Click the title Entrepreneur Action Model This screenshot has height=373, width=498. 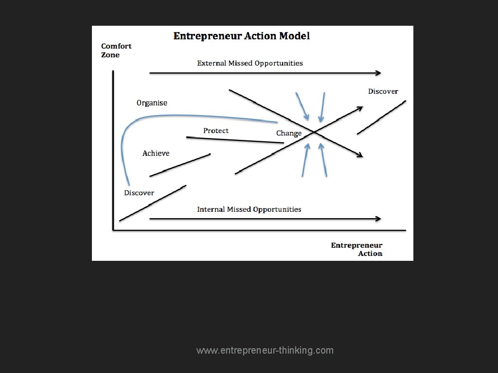[x=242, y=36]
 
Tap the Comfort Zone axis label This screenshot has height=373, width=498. [x=116, y=51]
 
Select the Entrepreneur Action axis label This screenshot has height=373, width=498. [x=356, y=249]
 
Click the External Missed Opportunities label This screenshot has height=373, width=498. [x=250, y=63]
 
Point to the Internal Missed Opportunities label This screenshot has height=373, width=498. [x=249, y=209]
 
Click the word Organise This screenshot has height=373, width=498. [x=152, y=103]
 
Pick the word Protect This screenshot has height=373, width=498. [x=216, y=131]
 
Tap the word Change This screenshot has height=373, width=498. [x=289, y=133]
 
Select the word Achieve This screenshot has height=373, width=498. [x=156, y=153]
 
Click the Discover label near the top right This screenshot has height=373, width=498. [x=383, y=91]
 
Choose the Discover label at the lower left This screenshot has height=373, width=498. [x=139, y=193]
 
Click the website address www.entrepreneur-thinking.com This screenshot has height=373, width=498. [x=265, y=350]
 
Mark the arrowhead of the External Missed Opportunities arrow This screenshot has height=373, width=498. [x=378, y=73]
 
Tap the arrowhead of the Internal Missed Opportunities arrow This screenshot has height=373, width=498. [x=378, y=219]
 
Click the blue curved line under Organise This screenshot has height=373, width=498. [x=195, y=116]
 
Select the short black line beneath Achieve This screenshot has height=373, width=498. [x=180, y=165]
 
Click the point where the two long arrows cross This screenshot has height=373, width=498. [x=315, y=132]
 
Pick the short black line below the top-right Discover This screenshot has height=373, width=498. [x=382, y=117]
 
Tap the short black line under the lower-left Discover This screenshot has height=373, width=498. [x=153, y=203]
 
